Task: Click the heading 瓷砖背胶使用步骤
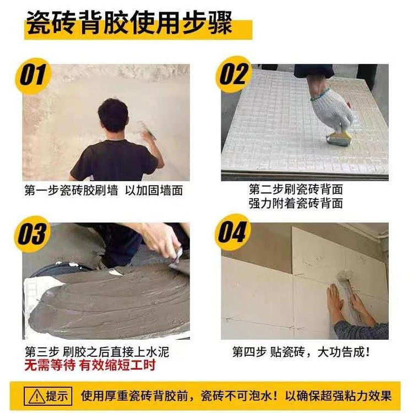tap(129, 23)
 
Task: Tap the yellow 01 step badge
tap(32, 75)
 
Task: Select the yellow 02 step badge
tap(233, 74)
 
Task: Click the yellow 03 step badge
tap(32, 234)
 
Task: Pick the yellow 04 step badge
tap(232, 232)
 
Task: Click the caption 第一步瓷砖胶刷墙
tap(71, 190)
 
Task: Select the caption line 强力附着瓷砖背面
tap(296, 204)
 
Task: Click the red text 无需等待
tap(50, 365)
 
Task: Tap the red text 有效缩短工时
tap(118, 365)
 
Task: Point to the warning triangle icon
tap(37, 396)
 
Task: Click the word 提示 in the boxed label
tap(57, 396)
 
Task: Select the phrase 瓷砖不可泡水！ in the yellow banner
tap(239, 396)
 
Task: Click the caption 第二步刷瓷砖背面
tap(296, 189)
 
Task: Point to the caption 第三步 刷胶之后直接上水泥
tap(97, 352)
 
